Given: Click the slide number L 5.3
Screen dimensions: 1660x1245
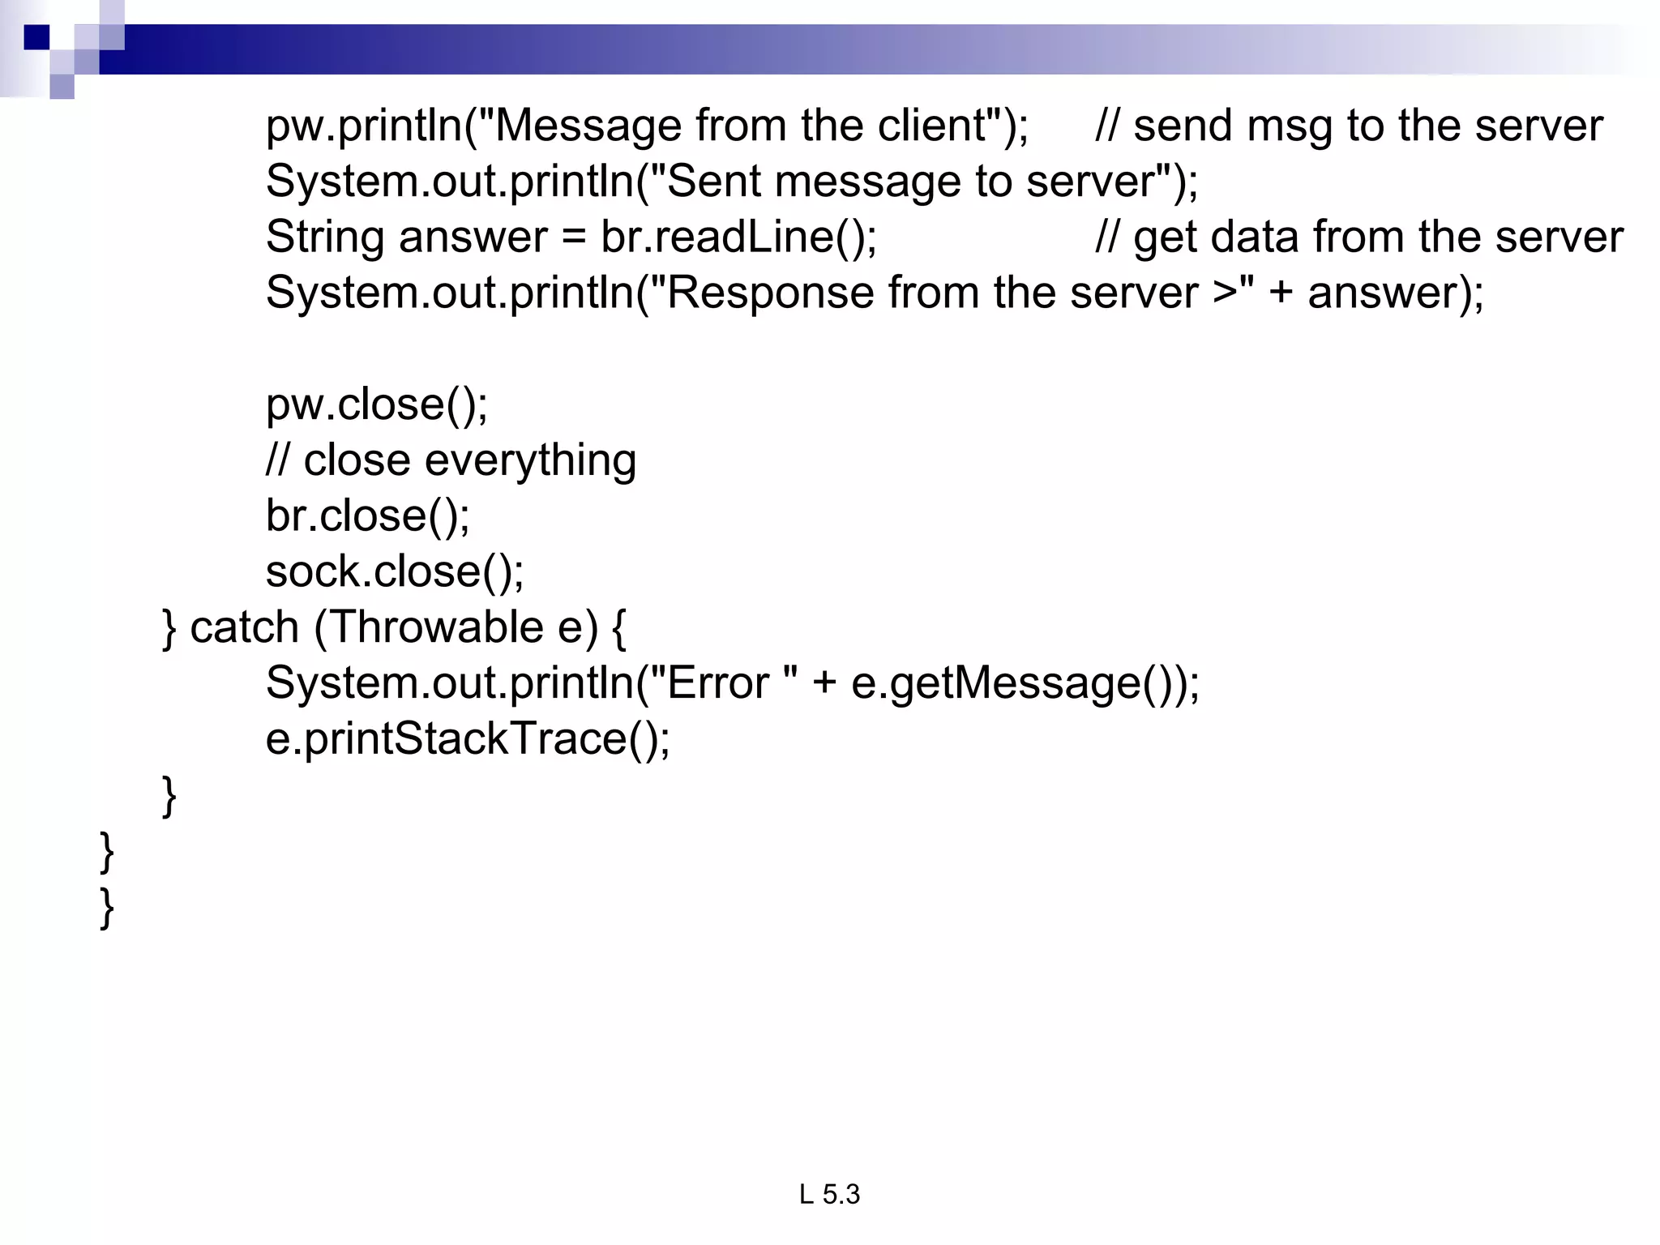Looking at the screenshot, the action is [x=829, y=1194].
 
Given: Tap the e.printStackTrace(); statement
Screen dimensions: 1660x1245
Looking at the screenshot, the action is [x=468, y=738].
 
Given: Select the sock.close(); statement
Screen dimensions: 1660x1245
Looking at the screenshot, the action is [x=395, y=571].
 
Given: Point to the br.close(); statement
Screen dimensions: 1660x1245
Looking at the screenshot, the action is [x=367, y=516].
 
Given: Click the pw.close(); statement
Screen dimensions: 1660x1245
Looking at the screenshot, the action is [x=377, y=404].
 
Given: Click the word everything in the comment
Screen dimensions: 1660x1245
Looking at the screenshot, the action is [x=530, y=460].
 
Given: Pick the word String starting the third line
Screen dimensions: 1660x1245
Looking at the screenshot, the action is [x=324, y=237].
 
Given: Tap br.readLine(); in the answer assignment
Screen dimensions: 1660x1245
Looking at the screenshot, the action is [x=738, y=237].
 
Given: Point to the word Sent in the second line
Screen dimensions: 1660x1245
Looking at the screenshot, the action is [x=712, y=181].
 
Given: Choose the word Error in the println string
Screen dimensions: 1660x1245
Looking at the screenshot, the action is [x=717, y=683].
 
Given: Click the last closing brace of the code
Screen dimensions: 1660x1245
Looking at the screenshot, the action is [x=106, y=908].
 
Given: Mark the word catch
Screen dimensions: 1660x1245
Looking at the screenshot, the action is [x=244, y=627].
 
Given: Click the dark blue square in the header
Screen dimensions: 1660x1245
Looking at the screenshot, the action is [x=36, y=37].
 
